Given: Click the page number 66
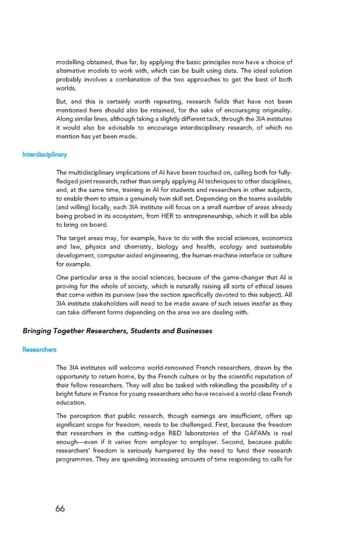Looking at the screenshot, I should pyautogui.click(x=60, y=508).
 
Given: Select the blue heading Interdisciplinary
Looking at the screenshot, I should pyautogui.click(x=44, y=155).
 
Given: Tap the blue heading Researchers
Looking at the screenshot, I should pyautogui.click(x=40, y=349).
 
